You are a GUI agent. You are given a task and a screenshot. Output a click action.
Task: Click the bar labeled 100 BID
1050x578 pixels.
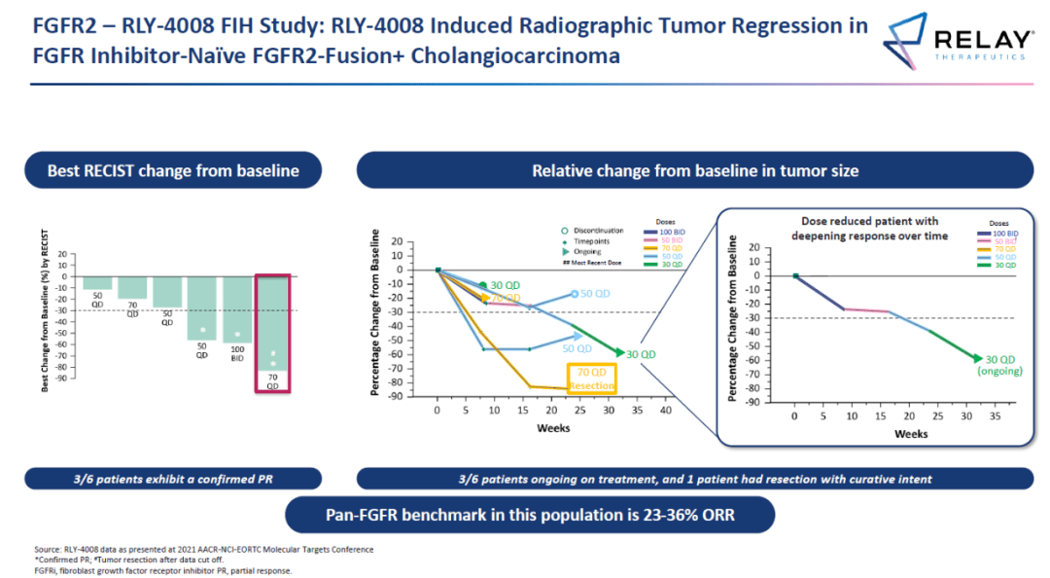[x=237, y=308]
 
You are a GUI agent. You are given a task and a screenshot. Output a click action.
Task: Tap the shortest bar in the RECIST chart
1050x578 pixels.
[x=97, y=282]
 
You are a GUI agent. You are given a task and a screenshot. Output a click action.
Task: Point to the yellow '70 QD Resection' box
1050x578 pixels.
[x=591, y=379]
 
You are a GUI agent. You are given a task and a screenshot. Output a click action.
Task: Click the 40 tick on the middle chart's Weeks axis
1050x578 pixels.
[x=665, y=412]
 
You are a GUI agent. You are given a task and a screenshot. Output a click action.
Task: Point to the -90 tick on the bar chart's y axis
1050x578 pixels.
[x=65, y=378]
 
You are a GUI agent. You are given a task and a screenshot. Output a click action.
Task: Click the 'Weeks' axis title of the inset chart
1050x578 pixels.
[x=910, y=433]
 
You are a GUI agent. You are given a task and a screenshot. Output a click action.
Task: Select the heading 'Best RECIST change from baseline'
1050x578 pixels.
[x=173, y=171]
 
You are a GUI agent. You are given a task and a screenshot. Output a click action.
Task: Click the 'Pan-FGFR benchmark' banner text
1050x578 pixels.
[x=529, y=515]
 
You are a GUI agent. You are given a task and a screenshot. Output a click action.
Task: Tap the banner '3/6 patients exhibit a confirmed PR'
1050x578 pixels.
[x=173, y=479]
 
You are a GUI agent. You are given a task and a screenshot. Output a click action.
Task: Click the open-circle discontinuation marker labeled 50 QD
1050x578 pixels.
[x=575, y=293]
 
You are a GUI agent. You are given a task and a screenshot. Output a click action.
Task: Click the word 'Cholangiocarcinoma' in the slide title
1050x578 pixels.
[x=515, y=55]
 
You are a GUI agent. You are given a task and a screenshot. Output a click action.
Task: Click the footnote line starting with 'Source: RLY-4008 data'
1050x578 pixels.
[x=203, y=550]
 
